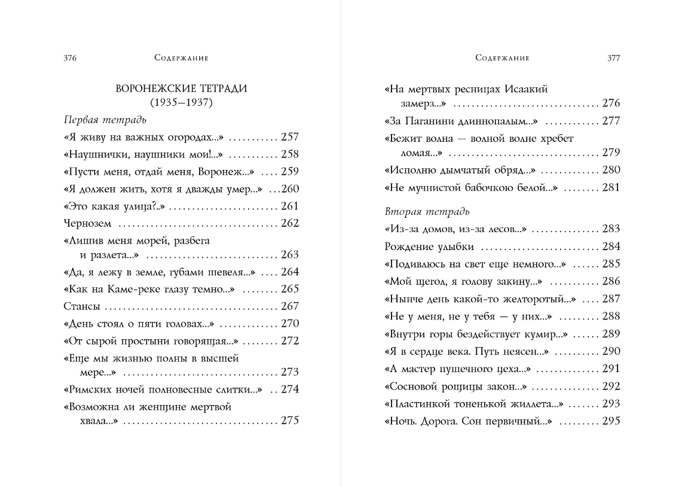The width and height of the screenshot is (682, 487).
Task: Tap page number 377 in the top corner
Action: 613,58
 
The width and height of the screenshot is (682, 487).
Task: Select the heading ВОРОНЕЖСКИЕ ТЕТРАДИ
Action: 181,89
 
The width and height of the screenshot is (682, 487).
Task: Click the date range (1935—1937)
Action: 181,102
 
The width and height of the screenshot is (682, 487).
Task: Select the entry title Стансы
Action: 81,306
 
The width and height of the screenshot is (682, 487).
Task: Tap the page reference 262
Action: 289,224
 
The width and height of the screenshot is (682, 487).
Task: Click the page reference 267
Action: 289,306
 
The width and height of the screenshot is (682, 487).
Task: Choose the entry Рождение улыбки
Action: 429,246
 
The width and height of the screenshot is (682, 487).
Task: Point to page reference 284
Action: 611,246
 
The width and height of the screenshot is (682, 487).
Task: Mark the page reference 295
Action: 611,421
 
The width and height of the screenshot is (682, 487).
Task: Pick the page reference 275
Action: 289,421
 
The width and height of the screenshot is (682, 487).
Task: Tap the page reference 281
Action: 611,187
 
